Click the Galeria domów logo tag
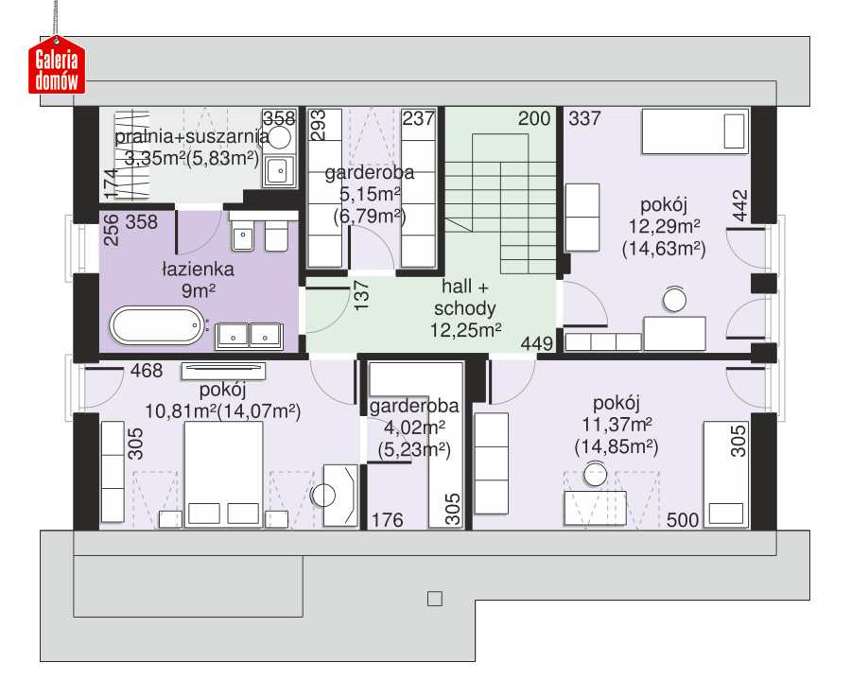tap(57, 65)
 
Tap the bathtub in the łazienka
tap(157, 325)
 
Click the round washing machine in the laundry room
tap(280, 137)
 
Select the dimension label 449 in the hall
tap(537, 343)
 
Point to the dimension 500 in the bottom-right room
tap(682, 520)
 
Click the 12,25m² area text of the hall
tap(465, 330)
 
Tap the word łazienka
tap(199, 270)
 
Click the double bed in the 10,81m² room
tap(223, 474)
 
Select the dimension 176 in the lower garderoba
tap(387, 520)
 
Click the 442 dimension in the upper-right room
tap(739, 205)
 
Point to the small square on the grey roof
tap(435, 599)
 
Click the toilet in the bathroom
tap(276, 236)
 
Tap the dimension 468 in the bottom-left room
tap(147, 371)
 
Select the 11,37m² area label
tap(617, 425)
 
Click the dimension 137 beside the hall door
tap(361, 295)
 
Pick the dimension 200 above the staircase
tap(534, 118)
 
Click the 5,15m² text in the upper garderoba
tap(370, 194)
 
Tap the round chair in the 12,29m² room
tap(674, 300)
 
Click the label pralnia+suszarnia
tap(192, 137)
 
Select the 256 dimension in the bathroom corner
tap(111, 230)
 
